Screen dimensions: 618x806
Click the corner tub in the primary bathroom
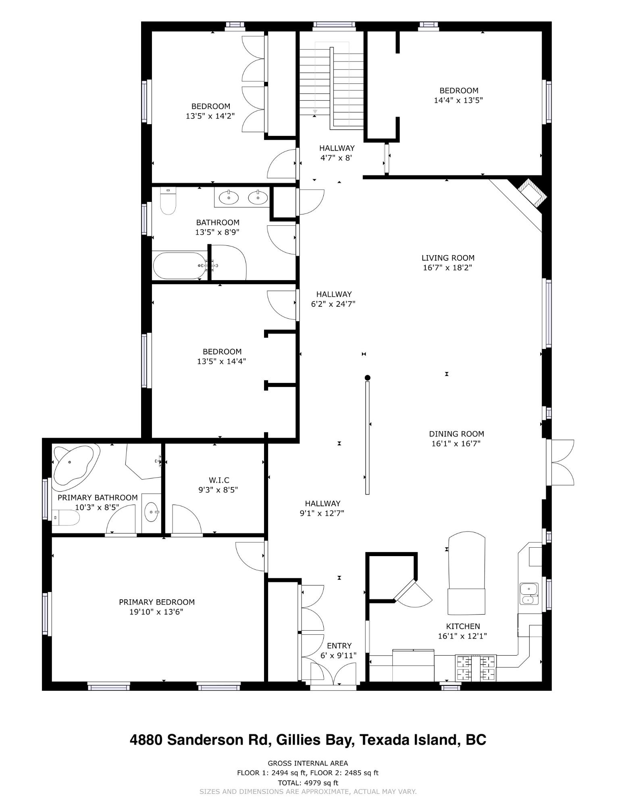[76, 464]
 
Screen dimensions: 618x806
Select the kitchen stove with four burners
[475, 668]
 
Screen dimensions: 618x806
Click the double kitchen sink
[529, 594]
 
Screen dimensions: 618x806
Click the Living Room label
[448, 258]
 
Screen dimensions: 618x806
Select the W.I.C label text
[219, 480]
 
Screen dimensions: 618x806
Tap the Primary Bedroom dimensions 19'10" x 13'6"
[156, 612]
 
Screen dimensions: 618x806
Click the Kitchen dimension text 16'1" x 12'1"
[462, 636]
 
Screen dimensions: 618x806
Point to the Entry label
[339, 645]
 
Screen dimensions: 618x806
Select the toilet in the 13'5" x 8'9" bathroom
[168, 200]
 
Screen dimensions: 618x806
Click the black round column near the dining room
[367, 378]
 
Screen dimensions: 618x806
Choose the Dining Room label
[456, 434]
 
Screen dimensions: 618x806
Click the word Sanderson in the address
[215, 740]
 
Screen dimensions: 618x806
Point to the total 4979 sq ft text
[308, 783]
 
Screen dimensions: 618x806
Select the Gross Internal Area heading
[308, 763]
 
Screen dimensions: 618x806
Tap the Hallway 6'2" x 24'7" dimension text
[333, 304]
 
